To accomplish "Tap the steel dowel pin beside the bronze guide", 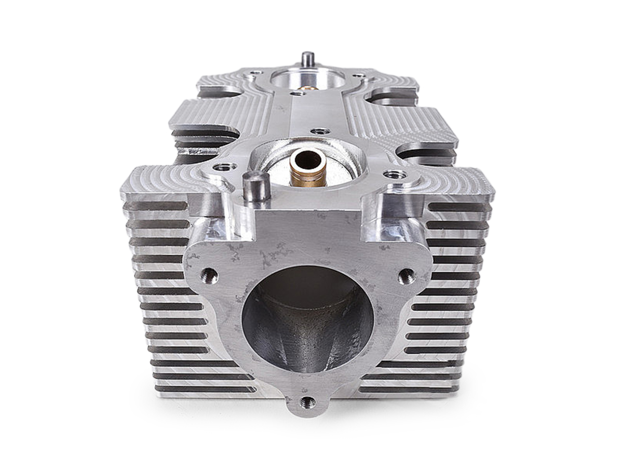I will [256, 187].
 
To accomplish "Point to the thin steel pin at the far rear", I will [307, 58].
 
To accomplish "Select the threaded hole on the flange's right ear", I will [407, 276].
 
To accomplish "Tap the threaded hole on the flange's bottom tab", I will [308, 402].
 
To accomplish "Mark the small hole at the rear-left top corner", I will [253, 72].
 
